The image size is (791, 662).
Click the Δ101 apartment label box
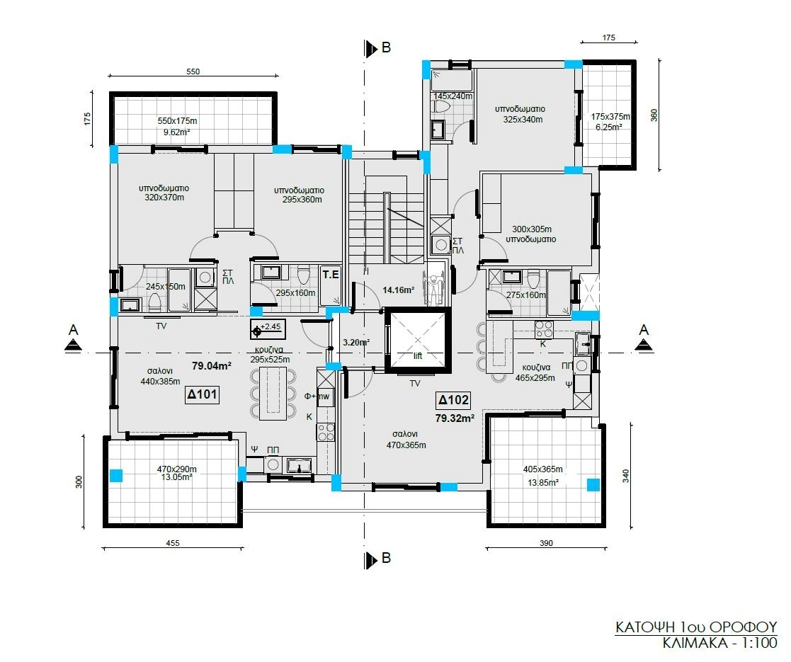coord(203,394)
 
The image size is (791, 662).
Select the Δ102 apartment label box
coord(453,400)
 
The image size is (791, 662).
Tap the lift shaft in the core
coord(417,341)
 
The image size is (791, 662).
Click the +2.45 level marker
coord(268,329)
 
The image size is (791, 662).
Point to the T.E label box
coord(331,275)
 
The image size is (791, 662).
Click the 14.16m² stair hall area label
coord(398,290)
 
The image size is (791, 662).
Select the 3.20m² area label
coord(356,343)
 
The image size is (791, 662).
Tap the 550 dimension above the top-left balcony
coord(193,72)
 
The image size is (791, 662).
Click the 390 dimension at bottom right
coord(546,543)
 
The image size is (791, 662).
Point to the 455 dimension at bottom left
coord(173,543)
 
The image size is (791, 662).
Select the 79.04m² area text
coord(211,365)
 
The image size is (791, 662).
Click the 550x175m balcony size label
coord(177,121)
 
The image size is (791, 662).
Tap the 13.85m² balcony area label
coord(543,482)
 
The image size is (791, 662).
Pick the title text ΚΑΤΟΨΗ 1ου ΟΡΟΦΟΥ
coord(696,627)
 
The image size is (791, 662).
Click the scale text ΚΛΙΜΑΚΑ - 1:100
coord(720,644)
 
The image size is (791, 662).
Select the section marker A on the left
coord(74,337)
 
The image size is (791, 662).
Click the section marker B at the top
coord(378,48)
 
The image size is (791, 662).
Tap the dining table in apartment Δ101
coord(273,393)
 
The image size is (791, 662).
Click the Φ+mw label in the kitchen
coord(317,396)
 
